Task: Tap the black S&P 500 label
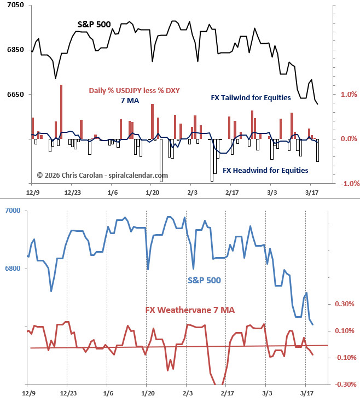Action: [x=94, y=25]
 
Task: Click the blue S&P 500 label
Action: [x=204, y=280]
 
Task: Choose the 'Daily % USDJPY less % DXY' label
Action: [x=135, y=91]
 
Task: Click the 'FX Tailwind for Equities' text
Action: [x=251, y=98]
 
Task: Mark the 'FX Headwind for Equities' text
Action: [x=265, y=170]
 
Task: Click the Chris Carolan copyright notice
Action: [x=102, y=175]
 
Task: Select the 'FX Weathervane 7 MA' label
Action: [x=190, y=310]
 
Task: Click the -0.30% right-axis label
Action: [x=344, y=384]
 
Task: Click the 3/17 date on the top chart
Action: [x=311, y=193]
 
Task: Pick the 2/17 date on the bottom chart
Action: [x=227, y=393]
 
